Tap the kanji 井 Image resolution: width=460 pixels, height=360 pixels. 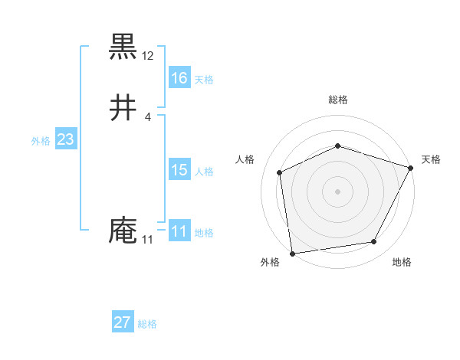pyautogui.click(x=123, y=107)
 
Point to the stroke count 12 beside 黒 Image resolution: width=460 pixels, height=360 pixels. pyautogui.click(x=148, y=56)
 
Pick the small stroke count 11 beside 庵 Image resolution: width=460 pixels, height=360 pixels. pyautogui.click(x=148, y=241)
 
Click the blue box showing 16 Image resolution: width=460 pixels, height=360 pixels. pyautogui.click(x=179, y=78)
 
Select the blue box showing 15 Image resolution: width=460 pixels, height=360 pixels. pyautogui.click(x=179, y=170)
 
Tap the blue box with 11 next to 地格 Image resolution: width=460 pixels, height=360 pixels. pyautogui.click(x=179, y=231)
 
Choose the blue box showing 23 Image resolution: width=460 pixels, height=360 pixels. pyautogui.click(x=65, y=139)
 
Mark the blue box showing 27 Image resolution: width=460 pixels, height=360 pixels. pyautogui.click(x=122, y=322)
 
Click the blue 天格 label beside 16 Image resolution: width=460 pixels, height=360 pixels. pyautogui.click(x=204, y=79)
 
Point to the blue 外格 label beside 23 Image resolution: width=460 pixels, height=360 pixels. pyautogui.click(x=40, y=140)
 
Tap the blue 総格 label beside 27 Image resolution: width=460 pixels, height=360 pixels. pyautogui.click(x=147, y=324)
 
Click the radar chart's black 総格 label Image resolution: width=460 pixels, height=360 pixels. pyautogui.click(x=338, y=100)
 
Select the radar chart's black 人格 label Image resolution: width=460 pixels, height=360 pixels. pyautogui.click(x=245, y=159)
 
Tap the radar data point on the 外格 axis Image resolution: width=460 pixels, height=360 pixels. pyautogui.click(x=292, y=253)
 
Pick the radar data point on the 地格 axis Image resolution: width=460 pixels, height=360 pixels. pyautogui.click(x=374, y=242)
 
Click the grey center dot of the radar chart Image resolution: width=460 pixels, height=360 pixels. pyautogui.click(x=337, y=191)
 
